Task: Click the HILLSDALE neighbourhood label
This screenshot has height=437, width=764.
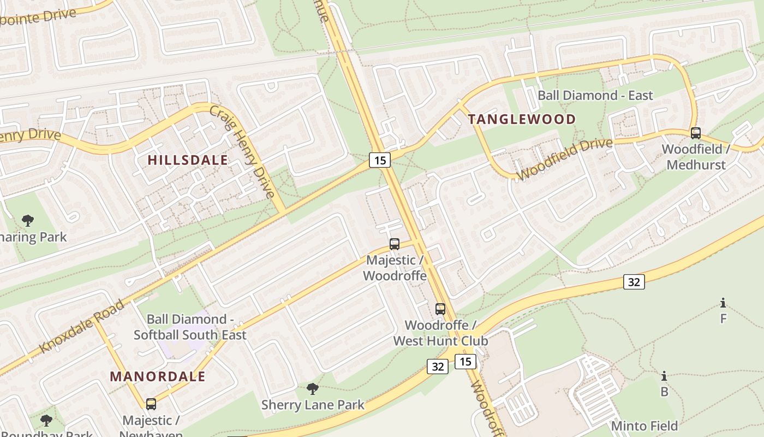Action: coord(188,160)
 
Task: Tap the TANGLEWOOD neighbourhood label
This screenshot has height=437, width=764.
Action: coord(522,120)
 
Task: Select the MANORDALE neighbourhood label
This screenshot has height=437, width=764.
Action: coord(158,376)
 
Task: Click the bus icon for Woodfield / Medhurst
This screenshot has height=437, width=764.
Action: coord(696,133)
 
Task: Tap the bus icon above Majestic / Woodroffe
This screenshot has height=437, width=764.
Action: coord(395,244)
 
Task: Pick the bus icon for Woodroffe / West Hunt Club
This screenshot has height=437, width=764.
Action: coord(440,309)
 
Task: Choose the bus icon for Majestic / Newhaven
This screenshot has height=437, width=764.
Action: coord(151,404)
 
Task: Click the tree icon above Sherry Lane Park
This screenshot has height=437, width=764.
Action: coord(313,389)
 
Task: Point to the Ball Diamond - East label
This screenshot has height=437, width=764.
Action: coord(595,96)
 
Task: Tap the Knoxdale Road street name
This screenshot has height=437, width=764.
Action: coord(82,326)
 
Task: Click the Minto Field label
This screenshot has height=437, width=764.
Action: coord(644,426)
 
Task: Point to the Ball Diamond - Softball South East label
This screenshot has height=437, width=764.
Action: coord(190,327)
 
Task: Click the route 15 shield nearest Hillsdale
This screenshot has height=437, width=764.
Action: coord(380,160)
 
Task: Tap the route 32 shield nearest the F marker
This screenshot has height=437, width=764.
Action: coord(634,282)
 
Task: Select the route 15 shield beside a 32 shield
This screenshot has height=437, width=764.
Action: coord(465,362)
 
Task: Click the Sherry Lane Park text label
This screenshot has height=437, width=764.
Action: coord(313,405)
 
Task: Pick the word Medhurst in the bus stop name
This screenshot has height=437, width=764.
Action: coord(696,164)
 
